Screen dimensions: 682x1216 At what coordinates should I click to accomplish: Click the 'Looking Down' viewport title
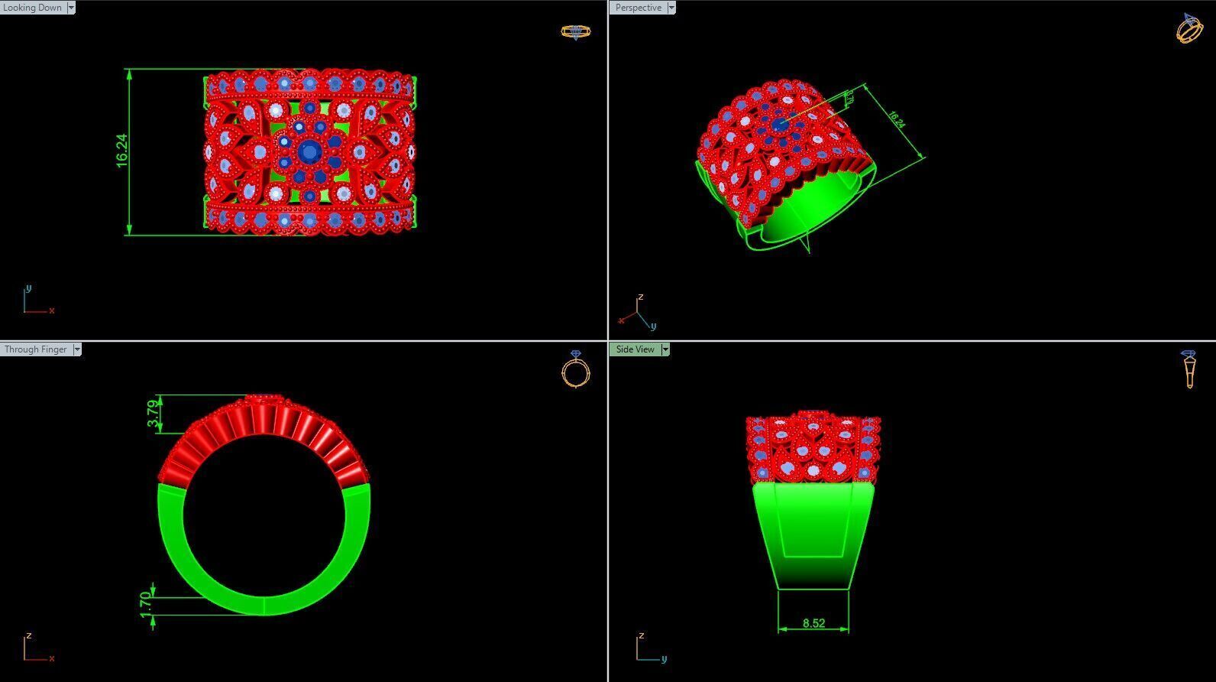click(32, 8)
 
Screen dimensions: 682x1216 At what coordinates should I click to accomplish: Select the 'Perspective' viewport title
click(638, 8)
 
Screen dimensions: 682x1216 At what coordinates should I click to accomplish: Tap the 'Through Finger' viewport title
click(35, 349)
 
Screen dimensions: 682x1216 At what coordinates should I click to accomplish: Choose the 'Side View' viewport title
click(635, 349)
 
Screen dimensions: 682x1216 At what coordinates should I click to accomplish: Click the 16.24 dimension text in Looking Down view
click(121, 151)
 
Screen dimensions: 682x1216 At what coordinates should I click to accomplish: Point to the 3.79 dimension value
click(154, 414)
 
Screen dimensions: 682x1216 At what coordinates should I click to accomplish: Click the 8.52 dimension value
click(813, 623)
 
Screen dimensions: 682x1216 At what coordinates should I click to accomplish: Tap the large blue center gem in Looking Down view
click(309, 151)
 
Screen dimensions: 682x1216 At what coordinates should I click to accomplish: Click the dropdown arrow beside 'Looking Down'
click(71, 8)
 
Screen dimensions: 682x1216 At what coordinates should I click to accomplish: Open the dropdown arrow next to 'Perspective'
click(671, 8)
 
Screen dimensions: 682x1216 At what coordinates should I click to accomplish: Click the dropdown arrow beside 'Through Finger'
click(76, 349)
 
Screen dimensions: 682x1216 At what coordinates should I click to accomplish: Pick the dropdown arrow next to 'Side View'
click(665, 349)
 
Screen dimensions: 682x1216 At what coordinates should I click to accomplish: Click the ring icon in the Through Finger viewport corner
click(575, 369)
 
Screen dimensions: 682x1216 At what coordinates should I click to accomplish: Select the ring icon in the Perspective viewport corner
click(1189, 28)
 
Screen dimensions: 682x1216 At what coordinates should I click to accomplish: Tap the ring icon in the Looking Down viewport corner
click(575, 31)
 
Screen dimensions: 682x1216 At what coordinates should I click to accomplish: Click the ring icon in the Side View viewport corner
click(1189, 369)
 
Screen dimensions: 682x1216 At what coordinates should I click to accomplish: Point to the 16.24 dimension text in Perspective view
click(897, 120)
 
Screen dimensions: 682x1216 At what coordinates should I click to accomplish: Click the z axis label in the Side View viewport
click(642, 635)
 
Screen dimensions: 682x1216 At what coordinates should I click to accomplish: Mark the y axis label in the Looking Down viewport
click(28, 288)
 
